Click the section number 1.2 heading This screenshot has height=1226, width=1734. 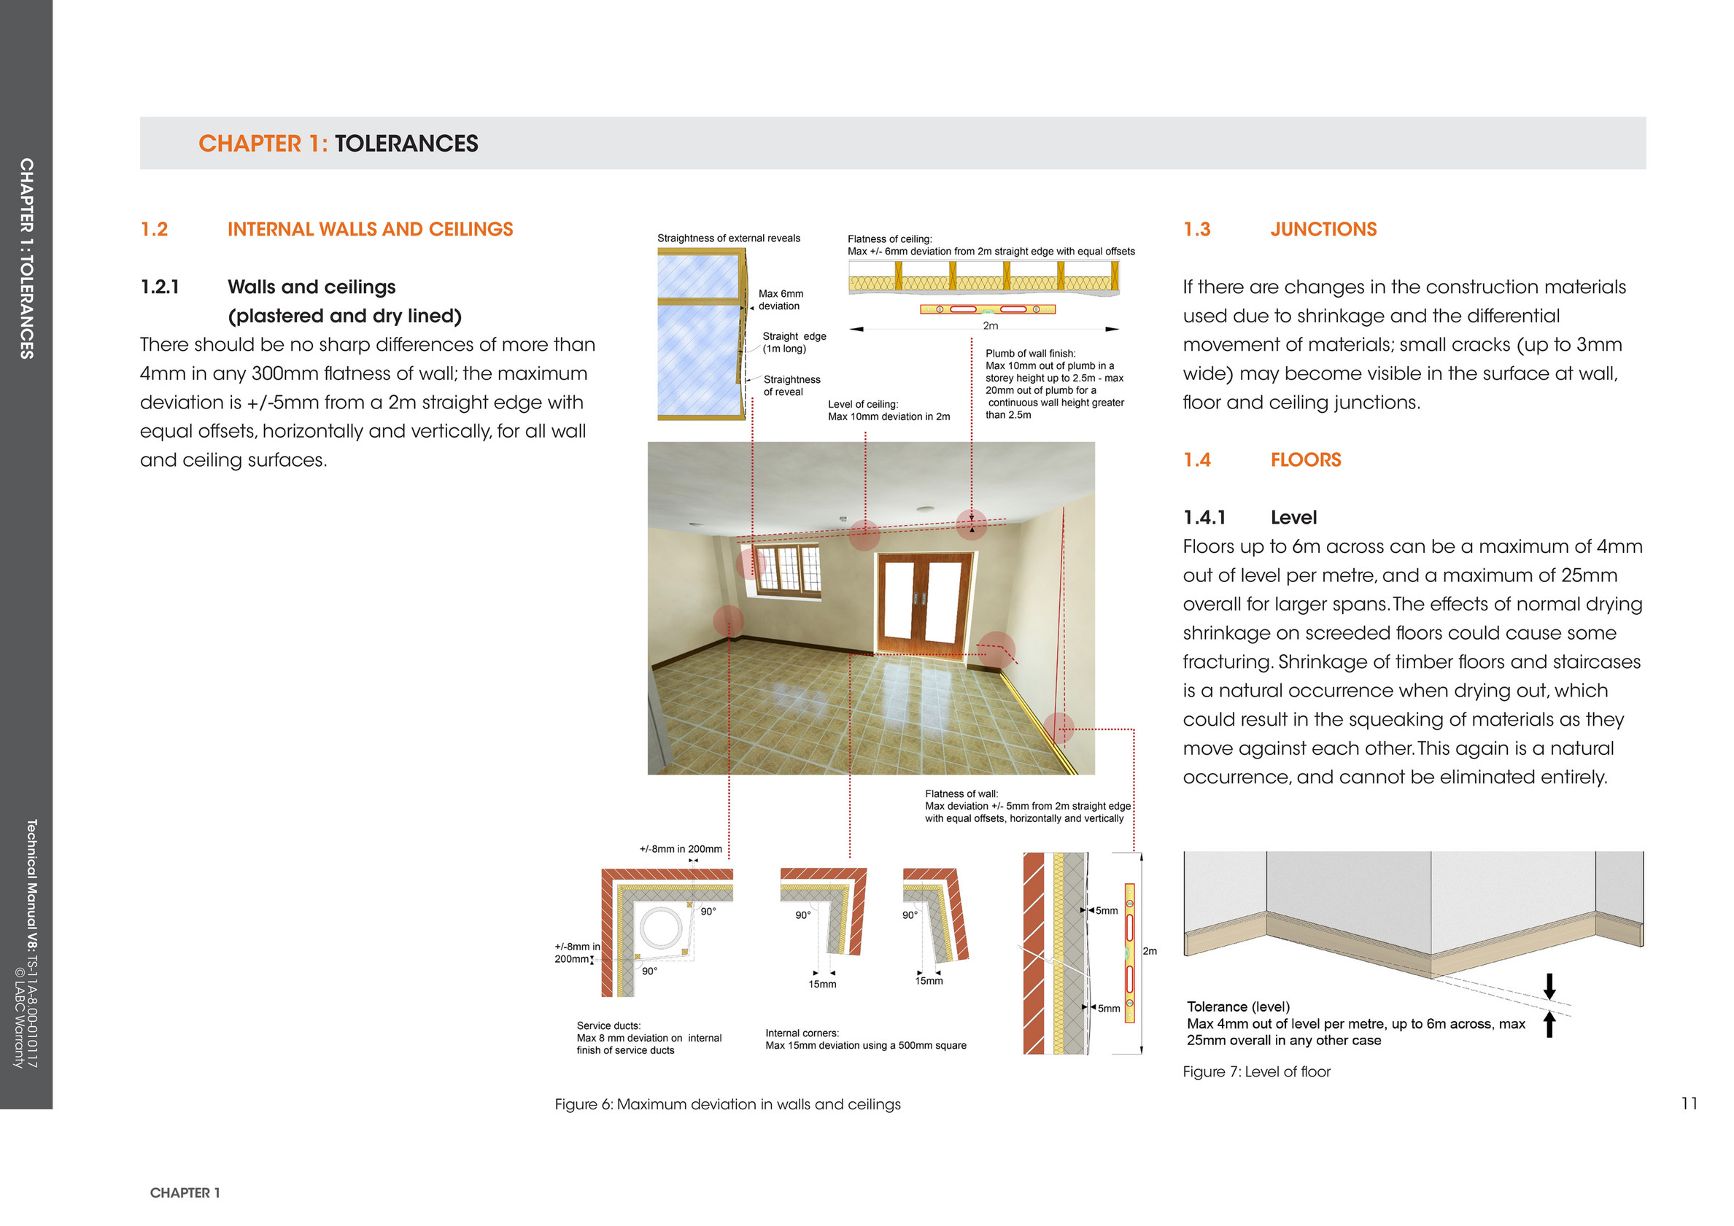[154, 230]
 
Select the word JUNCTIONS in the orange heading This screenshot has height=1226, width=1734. [1323, 230]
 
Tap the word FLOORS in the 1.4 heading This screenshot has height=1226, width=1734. [1306, 459]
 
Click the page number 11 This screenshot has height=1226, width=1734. [1689, 1103]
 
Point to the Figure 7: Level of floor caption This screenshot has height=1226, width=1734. [1256, 1072]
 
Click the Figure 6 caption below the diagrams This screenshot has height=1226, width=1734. [727, 1104]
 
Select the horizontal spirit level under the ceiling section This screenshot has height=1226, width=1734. [987, 309]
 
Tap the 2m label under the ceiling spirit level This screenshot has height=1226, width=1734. [990, 326]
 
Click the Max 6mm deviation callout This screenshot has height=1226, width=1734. [780, 300]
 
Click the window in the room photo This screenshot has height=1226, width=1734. [788, 570]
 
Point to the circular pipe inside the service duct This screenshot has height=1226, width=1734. [661, 928]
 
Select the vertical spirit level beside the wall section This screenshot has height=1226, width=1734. [1130, 953]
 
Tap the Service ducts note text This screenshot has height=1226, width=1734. [649, 1038]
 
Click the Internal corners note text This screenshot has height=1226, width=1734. [865, 1039]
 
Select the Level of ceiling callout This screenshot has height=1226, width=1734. [889, 411]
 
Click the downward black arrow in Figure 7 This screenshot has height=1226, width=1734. [1549, 986]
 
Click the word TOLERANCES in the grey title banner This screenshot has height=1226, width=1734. [406, 144]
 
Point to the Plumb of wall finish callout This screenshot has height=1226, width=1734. [1054, 384]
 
